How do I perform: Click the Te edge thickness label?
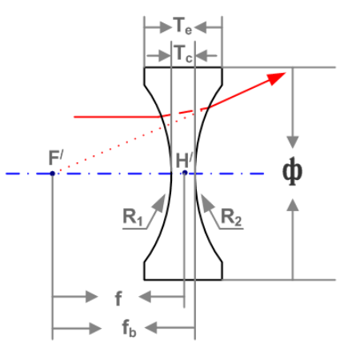[x=182, y=26]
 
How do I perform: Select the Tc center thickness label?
[x=183, y=54]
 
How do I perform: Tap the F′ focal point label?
[x=56, y=158]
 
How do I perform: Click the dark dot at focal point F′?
[x=52, y=174]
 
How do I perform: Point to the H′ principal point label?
[x=184, y=160]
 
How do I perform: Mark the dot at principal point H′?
[x=185, y=173]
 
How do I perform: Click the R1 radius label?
[x=133, y=217]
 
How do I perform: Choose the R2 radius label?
[x=231, y=217]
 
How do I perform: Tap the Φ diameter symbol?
[x=292, y=171]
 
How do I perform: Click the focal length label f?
[x=118, y=298]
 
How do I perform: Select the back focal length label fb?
[x=129, y=328]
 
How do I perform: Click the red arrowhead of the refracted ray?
[x=276, y=78]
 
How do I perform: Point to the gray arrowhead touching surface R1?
[x=159, y=204]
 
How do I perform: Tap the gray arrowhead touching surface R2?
[x=207, y=204]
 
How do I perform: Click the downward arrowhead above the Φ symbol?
[x=293, y=142]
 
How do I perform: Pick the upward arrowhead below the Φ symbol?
[x=293, y=205]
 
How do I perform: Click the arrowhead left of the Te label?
[x=166, y=27]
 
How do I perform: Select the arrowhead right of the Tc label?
[x=202, y=56]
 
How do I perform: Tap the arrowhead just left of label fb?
[x=95, y=328]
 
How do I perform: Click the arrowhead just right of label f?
[x=145, y=296]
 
